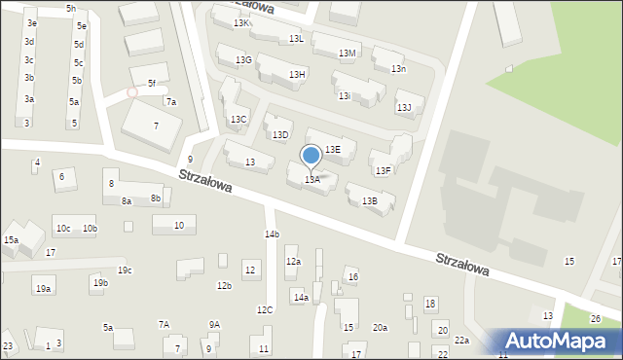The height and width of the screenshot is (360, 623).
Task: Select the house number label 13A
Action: click(x=312, y=179)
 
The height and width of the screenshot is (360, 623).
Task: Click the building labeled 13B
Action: click(x=370, y=201)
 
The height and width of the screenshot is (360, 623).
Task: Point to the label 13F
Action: click(x=384, y=170)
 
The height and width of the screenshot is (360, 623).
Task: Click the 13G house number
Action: click(x=243, y=60)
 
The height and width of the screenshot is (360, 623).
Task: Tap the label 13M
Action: click(x=347, y=54)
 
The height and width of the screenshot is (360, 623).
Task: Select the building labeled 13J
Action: click(x=403, y=107)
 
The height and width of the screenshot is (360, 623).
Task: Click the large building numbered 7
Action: click(x=155, y=126)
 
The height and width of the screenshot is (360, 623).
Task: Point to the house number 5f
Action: click(x=151, y=84)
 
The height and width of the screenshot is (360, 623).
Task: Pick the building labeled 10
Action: click(x=177, y=225)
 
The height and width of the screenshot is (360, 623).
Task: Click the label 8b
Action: click(x=155, y=198)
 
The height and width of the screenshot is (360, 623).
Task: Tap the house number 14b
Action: click(x=272, y=234)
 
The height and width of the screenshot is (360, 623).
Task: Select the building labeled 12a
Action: click(x=293, y=262)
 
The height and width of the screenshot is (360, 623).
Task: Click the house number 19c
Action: click(x=124, y=270)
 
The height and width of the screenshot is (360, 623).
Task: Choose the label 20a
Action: click(x=380, y=328)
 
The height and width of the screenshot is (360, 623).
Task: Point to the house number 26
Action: click(x=596, y=319)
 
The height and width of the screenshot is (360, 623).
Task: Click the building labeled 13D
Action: click(x=280, y=134)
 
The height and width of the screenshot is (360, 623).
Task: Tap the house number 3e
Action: click(x=32, y=22)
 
